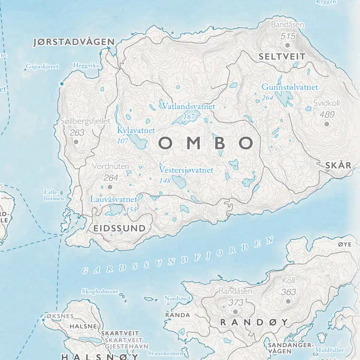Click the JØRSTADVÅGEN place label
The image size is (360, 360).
(x=74, y=42)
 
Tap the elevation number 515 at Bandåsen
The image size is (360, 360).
(x=288, y=36)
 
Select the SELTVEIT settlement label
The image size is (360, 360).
(x=282, y=56)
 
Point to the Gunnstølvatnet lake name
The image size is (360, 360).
(x=289, y=87)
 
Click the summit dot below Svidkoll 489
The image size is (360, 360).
(x=327, y=124)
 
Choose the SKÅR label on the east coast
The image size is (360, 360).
(x=338, y=165)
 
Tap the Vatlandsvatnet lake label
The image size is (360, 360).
(x=188, y=106)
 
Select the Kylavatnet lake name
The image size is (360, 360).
(x=136, y=130)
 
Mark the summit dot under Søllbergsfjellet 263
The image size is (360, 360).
(x=76, y=142)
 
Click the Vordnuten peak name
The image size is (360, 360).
(x=111, y=167)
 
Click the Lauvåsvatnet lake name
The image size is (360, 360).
(x=114, y=198)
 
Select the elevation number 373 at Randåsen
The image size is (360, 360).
(x=235, y=302)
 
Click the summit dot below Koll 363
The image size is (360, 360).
(x=288, y=302)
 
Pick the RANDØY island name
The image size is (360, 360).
(x=254, y=322)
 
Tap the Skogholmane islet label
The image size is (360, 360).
(x=100, y=291)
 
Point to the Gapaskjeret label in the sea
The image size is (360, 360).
(x=42, y=67)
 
